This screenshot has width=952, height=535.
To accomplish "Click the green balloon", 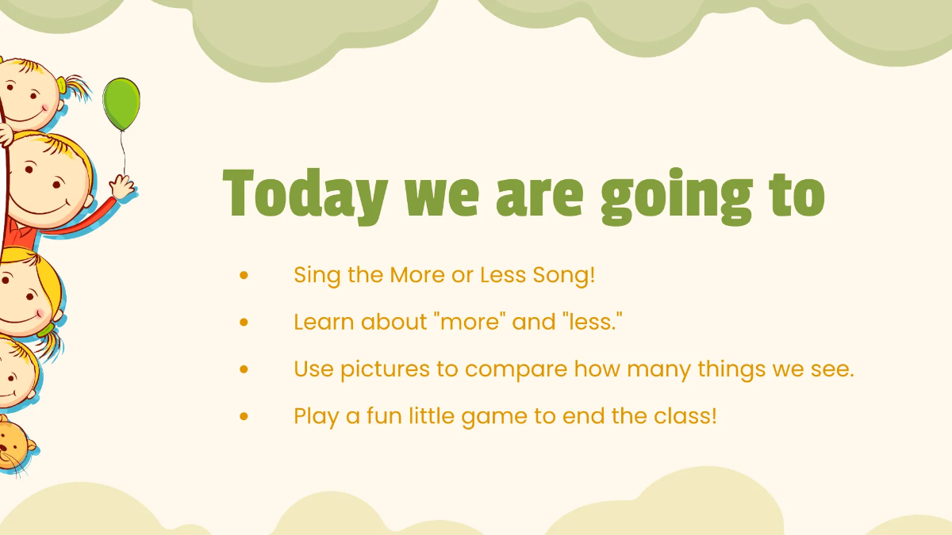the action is [121, 104].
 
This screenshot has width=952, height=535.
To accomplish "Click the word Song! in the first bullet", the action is [564, 275].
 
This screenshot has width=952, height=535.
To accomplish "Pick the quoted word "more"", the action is [470, 322].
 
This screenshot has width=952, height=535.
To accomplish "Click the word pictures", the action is [385, 369].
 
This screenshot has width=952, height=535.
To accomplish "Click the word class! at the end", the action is [685, 415].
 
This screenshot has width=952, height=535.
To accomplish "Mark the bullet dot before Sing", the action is [244, 275].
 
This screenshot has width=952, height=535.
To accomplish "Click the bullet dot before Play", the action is [244, 416].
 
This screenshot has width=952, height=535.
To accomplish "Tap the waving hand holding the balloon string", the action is [122, 187].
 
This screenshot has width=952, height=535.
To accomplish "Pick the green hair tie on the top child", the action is [62, 86].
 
